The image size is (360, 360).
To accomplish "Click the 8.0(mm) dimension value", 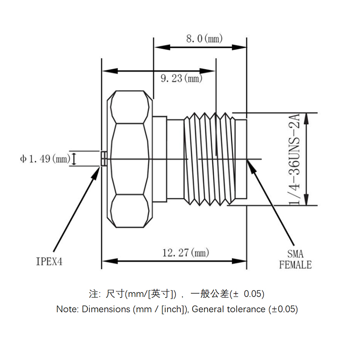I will coord(205,39).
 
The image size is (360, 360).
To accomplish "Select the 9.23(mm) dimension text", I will coord(181,79).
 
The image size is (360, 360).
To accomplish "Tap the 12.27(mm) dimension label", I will coord(185,253).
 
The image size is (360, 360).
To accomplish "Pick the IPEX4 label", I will coord(49,261).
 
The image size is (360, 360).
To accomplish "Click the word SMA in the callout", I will coord(295,255).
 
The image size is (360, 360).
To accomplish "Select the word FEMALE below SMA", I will coord(295,265).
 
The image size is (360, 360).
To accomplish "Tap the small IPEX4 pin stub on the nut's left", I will coord(103,158).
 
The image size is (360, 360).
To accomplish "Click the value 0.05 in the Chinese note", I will coord(253,294).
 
